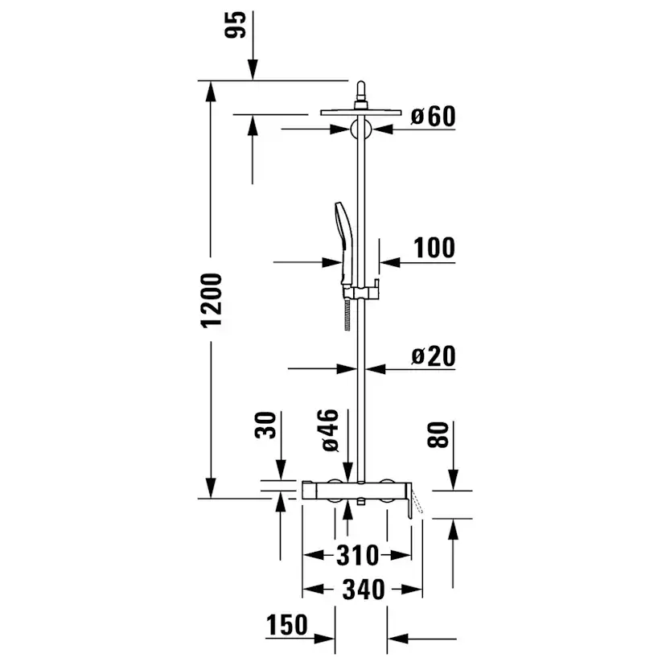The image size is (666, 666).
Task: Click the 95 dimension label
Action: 236,25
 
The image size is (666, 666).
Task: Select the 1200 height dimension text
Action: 212,301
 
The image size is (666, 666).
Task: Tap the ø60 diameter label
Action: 434,116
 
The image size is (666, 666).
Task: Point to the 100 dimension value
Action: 434,248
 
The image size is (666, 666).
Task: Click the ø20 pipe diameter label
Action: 434,356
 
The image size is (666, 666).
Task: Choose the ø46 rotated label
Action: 331,430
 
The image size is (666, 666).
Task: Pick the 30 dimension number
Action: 265,425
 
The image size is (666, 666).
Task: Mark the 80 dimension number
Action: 438,435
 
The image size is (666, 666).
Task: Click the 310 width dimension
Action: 357,555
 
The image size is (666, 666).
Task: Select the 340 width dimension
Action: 364,590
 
